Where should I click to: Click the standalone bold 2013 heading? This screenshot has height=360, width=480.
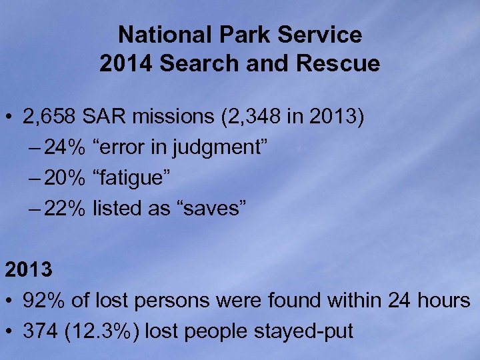click(x=29, y=271)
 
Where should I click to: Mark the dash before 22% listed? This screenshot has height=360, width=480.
click(x=35, y=209)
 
